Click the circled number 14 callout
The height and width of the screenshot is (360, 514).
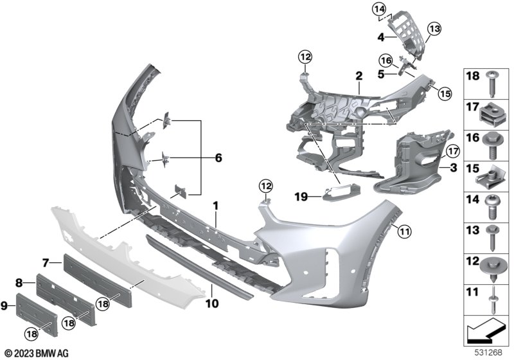click(379, 10)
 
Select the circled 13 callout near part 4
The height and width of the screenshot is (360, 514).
click(434, 29)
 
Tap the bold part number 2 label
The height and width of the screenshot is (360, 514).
click(359, 76)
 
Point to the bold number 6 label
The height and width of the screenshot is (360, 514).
click(218, 157)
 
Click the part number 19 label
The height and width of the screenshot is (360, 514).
click(301, 197)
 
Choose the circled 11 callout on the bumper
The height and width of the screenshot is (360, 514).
click(404, 232)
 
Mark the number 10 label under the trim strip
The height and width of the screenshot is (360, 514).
click(212, 303)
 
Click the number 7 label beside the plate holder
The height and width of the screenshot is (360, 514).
click(46, 262)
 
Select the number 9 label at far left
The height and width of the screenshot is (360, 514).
click(4, 306)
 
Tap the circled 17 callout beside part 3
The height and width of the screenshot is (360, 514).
click(453, 152)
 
